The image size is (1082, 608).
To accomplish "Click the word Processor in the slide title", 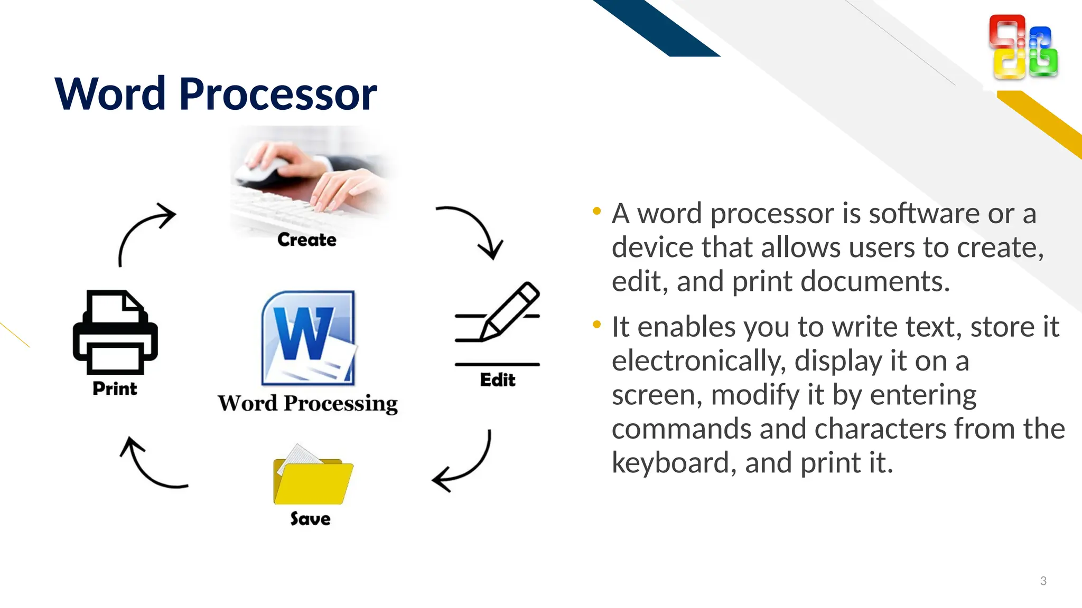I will click(278, 94).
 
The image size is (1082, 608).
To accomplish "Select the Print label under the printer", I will click(115, 388).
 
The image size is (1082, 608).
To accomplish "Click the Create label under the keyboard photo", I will click(307, 240).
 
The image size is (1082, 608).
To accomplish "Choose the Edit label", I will click(497, 380).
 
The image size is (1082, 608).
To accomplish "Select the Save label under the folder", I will click(310, 519).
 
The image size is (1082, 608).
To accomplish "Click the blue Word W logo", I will click(308, 338).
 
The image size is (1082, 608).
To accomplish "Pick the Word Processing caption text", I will click(307, 404).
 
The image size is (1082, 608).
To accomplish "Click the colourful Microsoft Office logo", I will click(1023, 47).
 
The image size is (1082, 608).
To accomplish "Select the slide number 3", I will click(1043, 581).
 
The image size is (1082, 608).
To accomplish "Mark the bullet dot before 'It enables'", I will click(597, 324).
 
